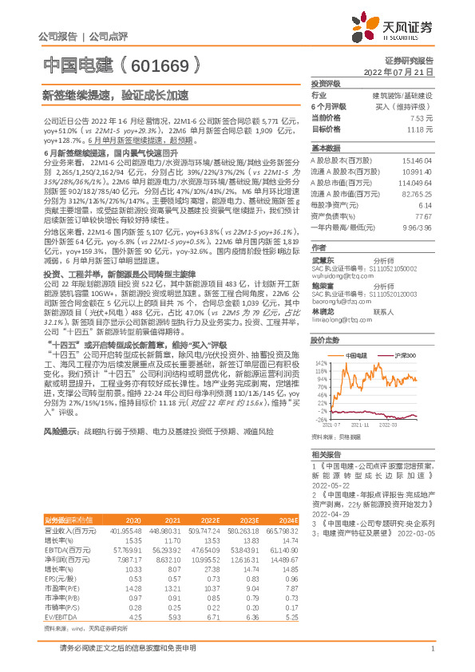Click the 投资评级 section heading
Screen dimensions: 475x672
point(326,83)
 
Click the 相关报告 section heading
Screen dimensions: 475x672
point(326,453)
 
